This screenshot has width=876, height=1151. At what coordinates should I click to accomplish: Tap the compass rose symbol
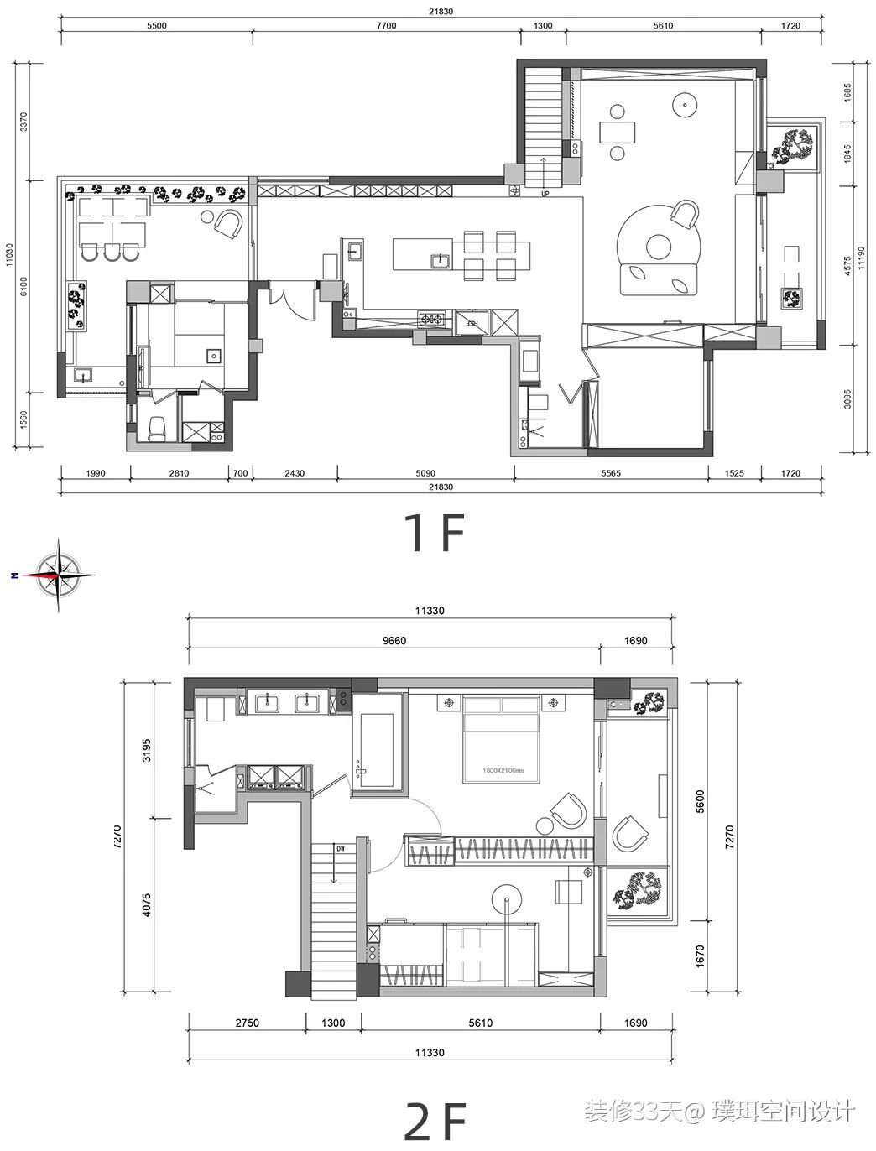58,575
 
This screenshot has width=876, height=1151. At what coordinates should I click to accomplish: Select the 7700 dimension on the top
385,26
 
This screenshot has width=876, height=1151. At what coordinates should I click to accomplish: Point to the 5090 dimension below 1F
425,474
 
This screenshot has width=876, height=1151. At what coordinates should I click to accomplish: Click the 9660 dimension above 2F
394,641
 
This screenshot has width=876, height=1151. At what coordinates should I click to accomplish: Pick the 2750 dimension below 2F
247,1023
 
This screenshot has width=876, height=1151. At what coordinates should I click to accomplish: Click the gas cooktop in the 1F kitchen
433,319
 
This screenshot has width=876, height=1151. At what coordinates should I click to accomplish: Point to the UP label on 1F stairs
545,194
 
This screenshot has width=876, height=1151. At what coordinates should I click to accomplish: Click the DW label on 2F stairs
340,848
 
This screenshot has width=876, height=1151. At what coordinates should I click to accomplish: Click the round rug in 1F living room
659,247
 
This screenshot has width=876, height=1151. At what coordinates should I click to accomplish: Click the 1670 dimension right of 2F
700,955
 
